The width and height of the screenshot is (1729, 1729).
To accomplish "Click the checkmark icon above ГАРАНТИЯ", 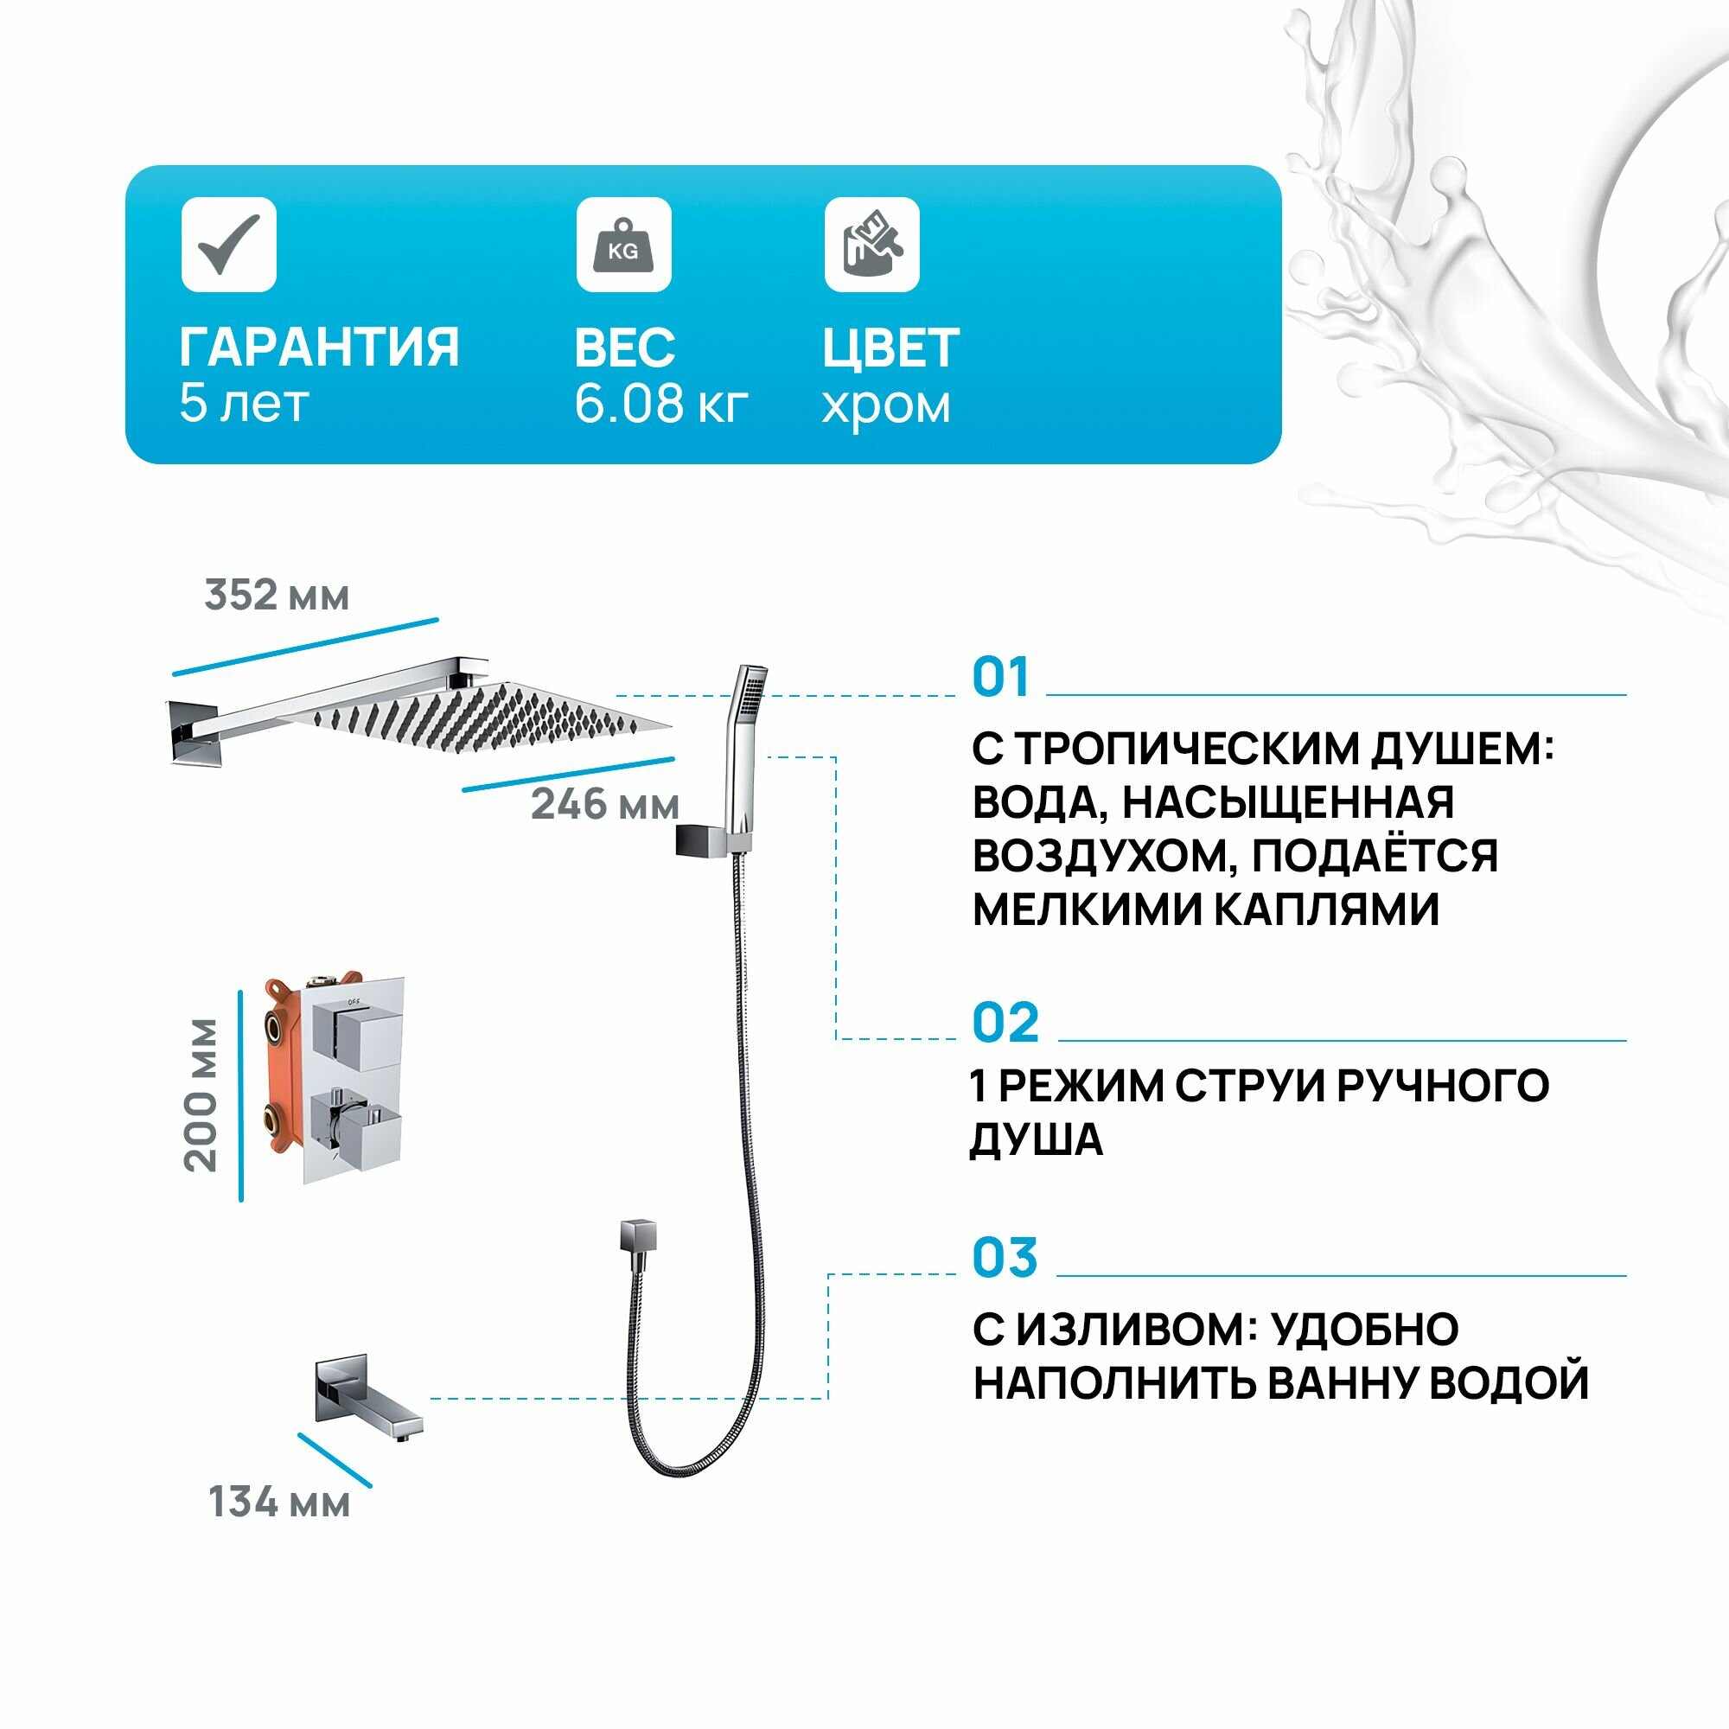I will click(x=228, y=245).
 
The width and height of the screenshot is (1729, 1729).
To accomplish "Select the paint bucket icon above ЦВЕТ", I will click(x=871, y=245).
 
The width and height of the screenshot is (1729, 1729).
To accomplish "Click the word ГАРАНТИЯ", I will click(x=320, y=348).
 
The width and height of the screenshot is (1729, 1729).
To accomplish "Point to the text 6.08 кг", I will click(x=660, y=404).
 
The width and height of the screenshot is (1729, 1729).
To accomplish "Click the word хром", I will click(x=885, y=405).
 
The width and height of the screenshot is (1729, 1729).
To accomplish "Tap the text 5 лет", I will click(x=244, y=404).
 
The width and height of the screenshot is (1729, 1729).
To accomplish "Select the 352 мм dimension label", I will click(x=277, y=595).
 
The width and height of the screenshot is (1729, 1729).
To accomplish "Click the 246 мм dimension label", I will click(x=605, y=805).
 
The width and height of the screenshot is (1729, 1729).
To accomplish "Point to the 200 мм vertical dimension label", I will click(x=202, y=1095).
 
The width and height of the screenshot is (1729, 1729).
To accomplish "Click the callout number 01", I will click(x=1000, y=678).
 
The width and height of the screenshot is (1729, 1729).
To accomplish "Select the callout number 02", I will click(x=1005, y=1023).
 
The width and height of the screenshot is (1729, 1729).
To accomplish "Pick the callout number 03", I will click(x=1004, y=1258).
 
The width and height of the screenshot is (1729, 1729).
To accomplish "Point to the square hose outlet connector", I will click(x=637, y=1236).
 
